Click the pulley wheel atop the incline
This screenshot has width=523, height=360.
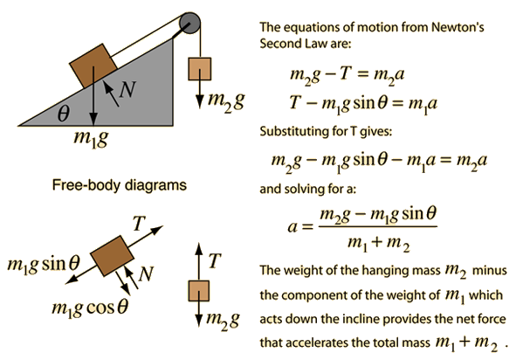pyautogui.click(x=189, y=23)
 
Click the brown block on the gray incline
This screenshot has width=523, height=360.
pyautogui.click(x=93, y=66)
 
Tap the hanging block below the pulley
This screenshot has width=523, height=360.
pyautogui.click(x=199, y=69)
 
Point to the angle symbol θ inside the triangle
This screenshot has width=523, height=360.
pyautogui.click(x=64, y=114)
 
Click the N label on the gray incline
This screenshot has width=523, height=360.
pyautogui.click(x=127, y=89)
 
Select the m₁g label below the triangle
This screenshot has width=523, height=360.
pyautogui.click(x=91, y=138)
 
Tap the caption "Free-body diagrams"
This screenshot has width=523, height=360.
pyautogui.click(x=119, y=185)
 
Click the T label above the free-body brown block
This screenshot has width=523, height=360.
pyautogui.click(x=139, y=224)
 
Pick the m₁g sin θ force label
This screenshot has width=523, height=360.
pyautogui.click(x=44, y=265)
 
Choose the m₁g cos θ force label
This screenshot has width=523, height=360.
pyautogui.click(x=90, y=307)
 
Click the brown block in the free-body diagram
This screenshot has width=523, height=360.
pyautogui.click(x=112, y=256)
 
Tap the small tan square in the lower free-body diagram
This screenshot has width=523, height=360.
pyautogui.click(x=199, y=291)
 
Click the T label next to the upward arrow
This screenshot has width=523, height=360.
pyautogui.click(x=215, y=260)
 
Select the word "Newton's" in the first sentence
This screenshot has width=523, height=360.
pyautogui.click(x=458, y=27)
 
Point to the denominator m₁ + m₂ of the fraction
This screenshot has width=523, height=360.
pyautogui.click(x=379, y=243)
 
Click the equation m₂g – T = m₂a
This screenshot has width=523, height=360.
pyautogui.click(x=348, y=75)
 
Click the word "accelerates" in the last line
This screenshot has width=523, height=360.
pyautogui.click(x=318, y=343)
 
